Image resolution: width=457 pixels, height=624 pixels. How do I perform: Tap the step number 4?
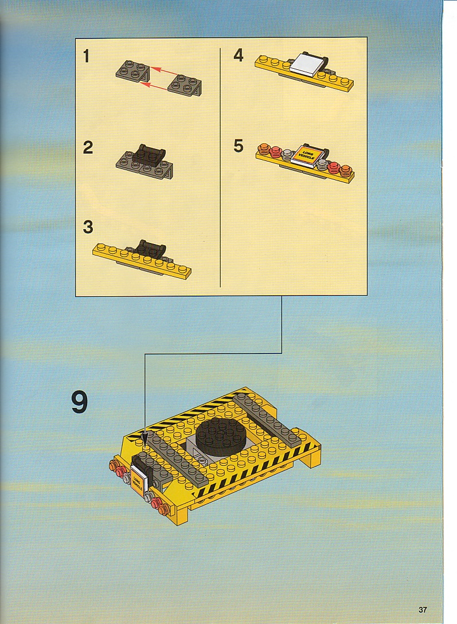coord(238,56)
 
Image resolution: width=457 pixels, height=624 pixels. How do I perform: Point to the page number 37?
coord(423,610)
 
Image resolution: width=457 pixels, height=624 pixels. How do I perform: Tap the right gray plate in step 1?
coord(185,85)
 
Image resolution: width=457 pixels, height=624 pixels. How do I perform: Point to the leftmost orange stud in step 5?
coord(264,149)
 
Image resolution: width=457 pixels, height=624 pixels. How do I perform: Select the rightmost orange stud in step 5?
coord(346,171)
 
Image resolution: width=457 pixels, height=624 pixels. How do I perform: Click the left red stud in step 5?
coord(275,151)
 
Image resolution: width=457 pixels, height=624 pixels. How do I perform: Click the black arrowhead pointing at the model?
coord(144,439)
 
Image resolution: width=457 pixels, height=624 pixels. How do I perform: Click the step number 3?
coord(88,227)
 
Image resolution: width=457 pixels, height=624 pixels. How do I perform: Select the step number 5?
coord(238,146)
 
